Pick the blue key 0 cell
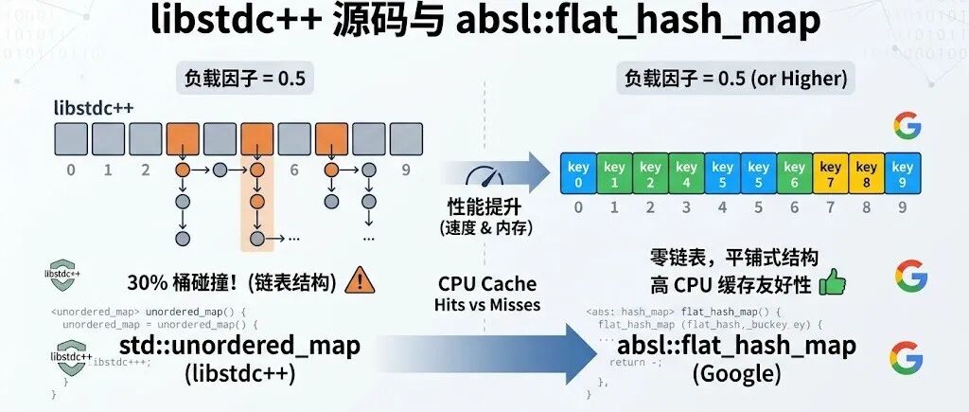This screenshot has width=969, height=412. click(578, 173)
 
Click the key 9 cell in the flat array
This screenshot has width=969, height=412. click(903, 173)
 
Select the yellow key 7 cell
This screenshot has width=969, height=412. click(831, 173)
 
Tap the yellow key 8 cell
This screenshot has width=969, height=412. click(867, 173)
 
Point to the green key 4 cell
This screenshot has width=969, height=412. click(687, 173)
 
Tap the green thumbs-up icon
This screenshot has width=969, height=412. click(833, 281)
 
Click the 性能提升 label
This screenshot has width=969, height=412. click(484, 207)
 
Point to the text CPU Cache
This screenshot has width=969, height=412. click(487, 283)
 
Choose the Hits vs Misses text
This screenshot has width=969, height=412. click(487, 304)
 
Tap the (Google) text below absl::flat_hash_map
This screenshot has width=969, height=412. click(737, 373)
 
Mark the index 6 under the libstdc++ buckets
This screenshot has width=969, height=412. click(294, 170)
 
